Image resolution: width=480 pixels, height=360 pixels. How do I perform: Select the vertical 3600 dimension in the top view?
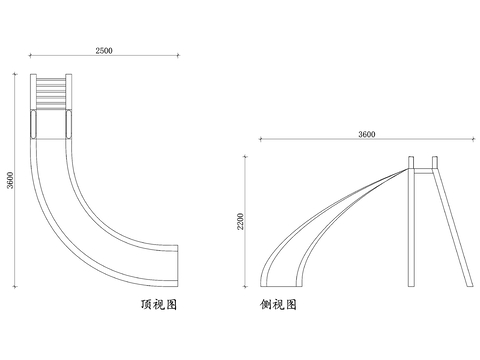(11, 178)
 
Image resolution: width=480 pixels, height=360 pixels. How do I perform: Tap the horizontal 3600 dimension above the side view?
(366, 134)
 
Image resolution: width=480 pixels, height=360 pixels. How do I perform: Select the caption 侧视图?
(278, 304)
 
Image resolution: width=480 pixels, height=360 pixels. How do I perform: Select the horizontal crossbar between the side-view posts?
(424, 172)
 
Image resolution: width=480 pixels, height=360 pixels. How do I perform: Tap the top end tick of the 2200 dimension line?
(246, 156)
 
